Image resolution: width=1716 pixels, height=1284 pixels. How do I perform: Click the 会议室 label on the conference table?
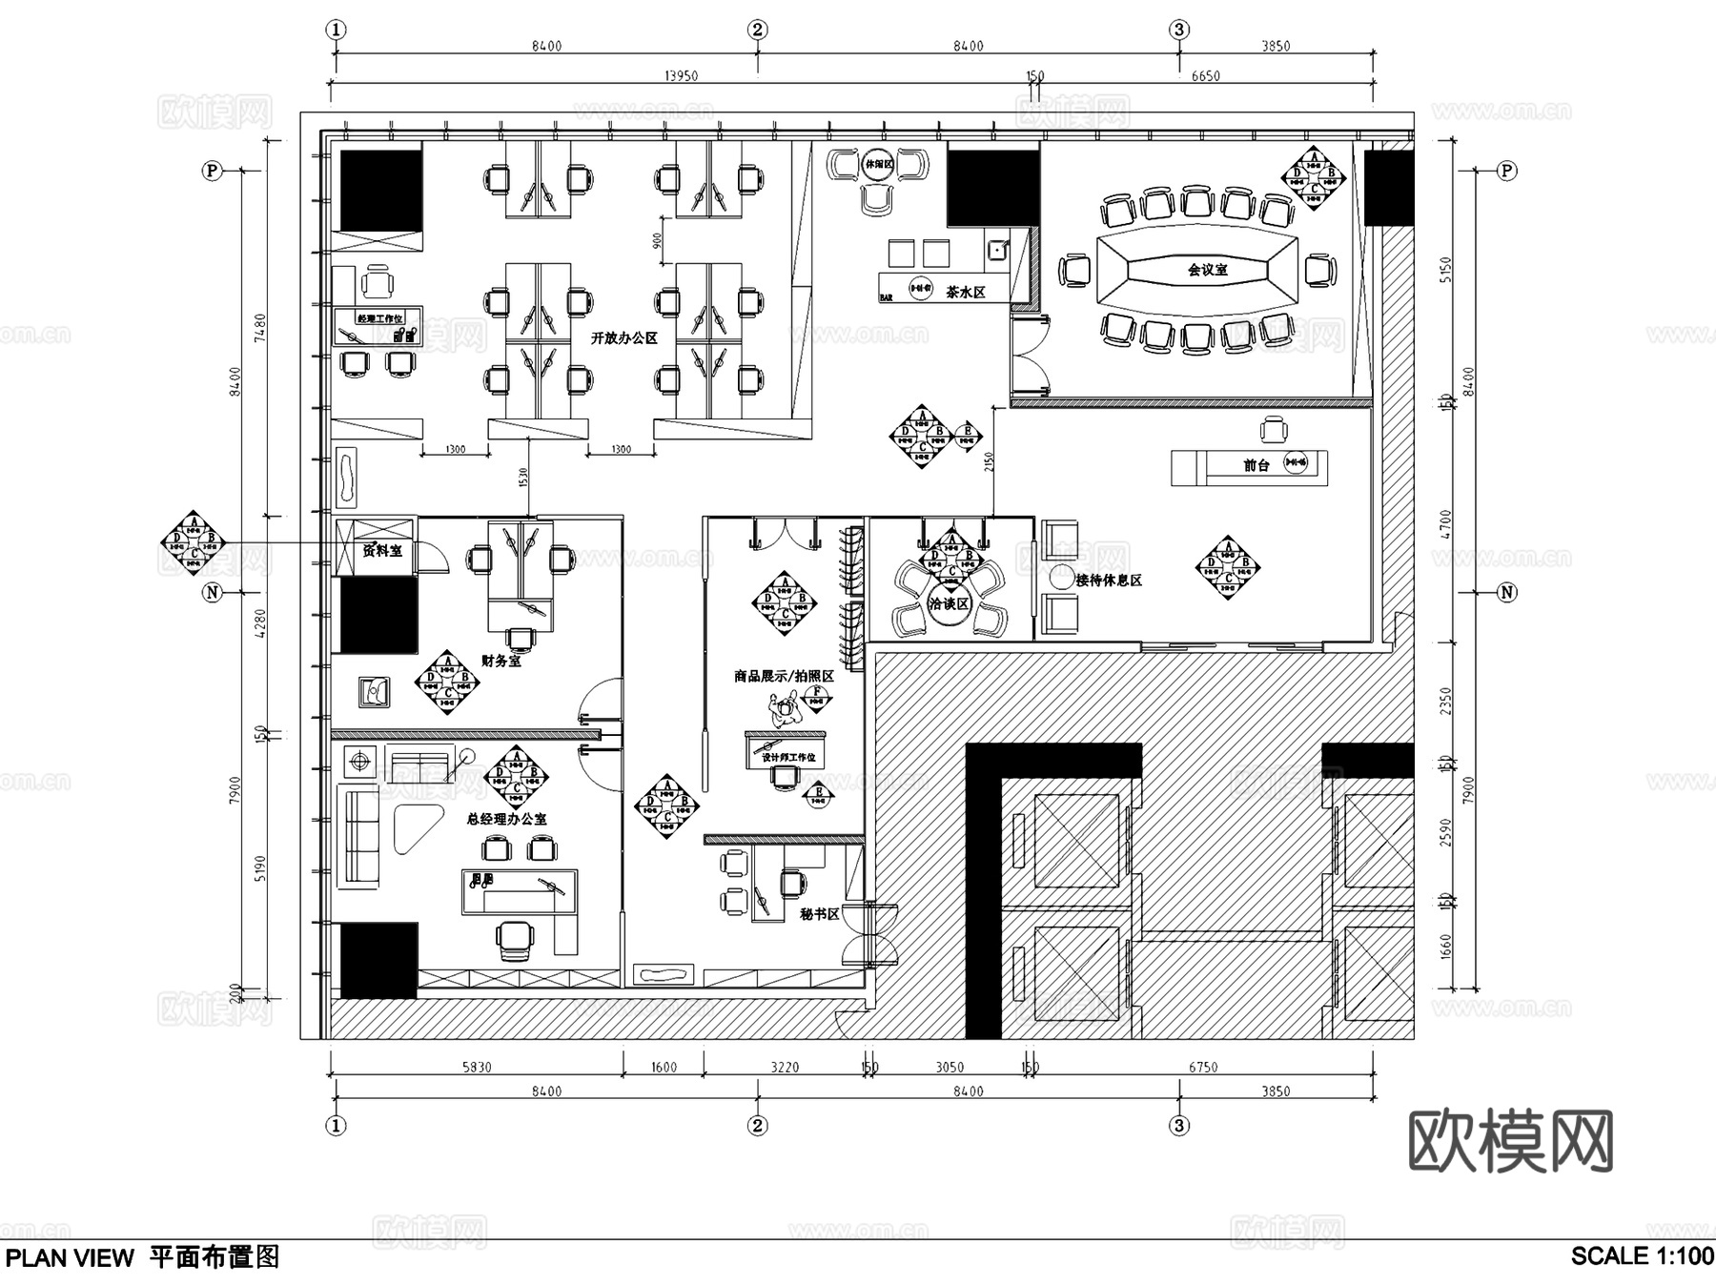pos(1207,270)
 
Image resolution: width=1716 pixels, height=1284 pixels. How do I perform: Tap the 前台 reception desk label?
pos(1256,465)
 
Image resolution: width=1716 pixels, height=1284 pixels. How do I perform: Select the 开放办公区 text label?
pos(623,337)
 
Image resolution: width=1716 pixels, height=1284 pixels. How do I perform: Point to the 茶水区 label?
pos(965,293)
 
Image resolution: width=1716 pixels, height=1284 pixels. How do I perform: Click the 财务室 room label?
pos(500,660)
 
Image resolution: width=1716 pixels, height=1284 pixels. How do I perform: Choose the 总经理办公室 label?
pos(506,818)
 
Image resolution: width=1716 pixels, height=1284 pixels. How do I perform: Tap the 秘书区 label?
pos(819,913)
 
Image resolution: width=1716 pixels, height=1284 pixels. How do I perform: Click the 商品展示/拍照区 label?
pos(784,676)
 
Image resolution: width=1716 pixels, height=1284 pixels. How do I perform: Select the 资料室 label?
pos(381,550)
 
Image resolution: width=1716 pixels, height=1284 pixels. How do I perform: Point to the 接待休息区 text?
pos(1108,580)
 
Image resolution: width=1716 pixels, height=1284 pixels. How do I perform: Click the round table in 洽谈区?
pos(950,603)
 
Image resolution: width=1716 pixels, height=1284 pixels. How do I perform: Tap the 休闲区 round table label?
pos(878,164)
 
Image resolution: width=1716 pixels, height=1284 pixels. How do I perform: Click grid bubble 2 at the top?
pos(757,30)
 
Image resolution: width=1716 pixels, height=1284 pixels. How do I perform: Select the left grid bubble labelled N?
pos(212,592)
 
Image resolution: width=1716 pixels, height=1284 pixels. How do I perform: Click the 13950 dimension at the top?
pos(681,76)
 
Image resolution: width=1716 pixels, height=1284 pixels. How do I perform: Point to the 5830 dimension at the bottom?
pos(477,1067)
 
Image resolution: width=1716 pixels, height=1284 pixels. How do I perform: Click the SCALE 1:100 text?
pos(1642,1256)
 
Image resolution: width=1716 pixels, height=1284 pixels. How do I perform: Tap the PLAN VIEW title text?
pos(71,1258)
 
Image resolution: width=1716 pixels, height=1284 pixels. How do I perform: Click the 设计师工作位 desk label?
pos(787,757)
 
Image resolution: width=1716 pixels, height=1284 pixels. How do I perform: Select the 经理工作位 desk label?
pos(378,318)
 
